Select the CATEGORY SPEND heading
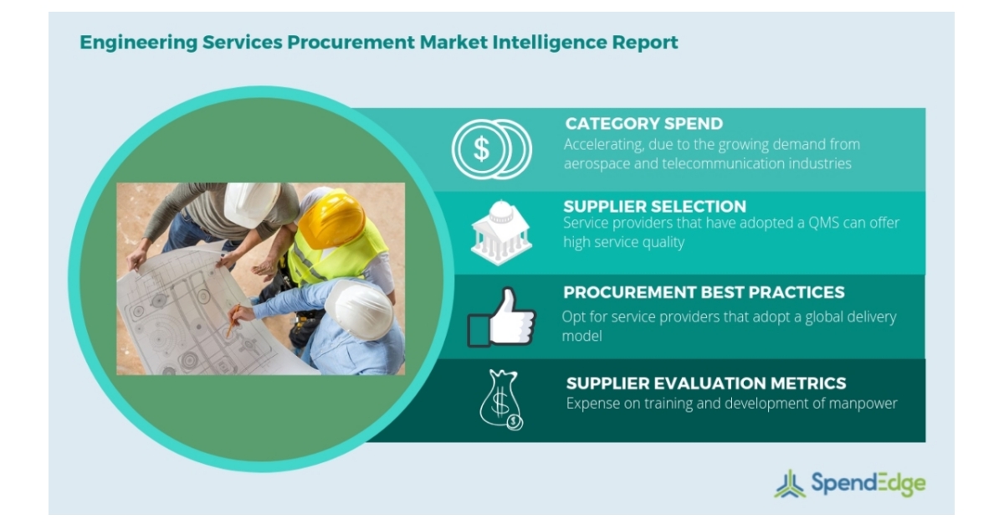click(x=643, y=124)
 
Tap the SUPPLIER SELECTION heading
click(x=654, y=206)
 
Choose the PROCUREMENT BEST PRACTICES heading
click(x=704, y=292)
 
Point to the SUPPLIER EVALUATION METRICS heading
click(x=706, y=383)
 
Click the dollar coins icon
click(x=491, y=148)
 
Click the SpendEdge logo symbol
click(x=789, y=484)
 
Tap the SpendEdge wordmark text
click(x=868, y=483)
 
